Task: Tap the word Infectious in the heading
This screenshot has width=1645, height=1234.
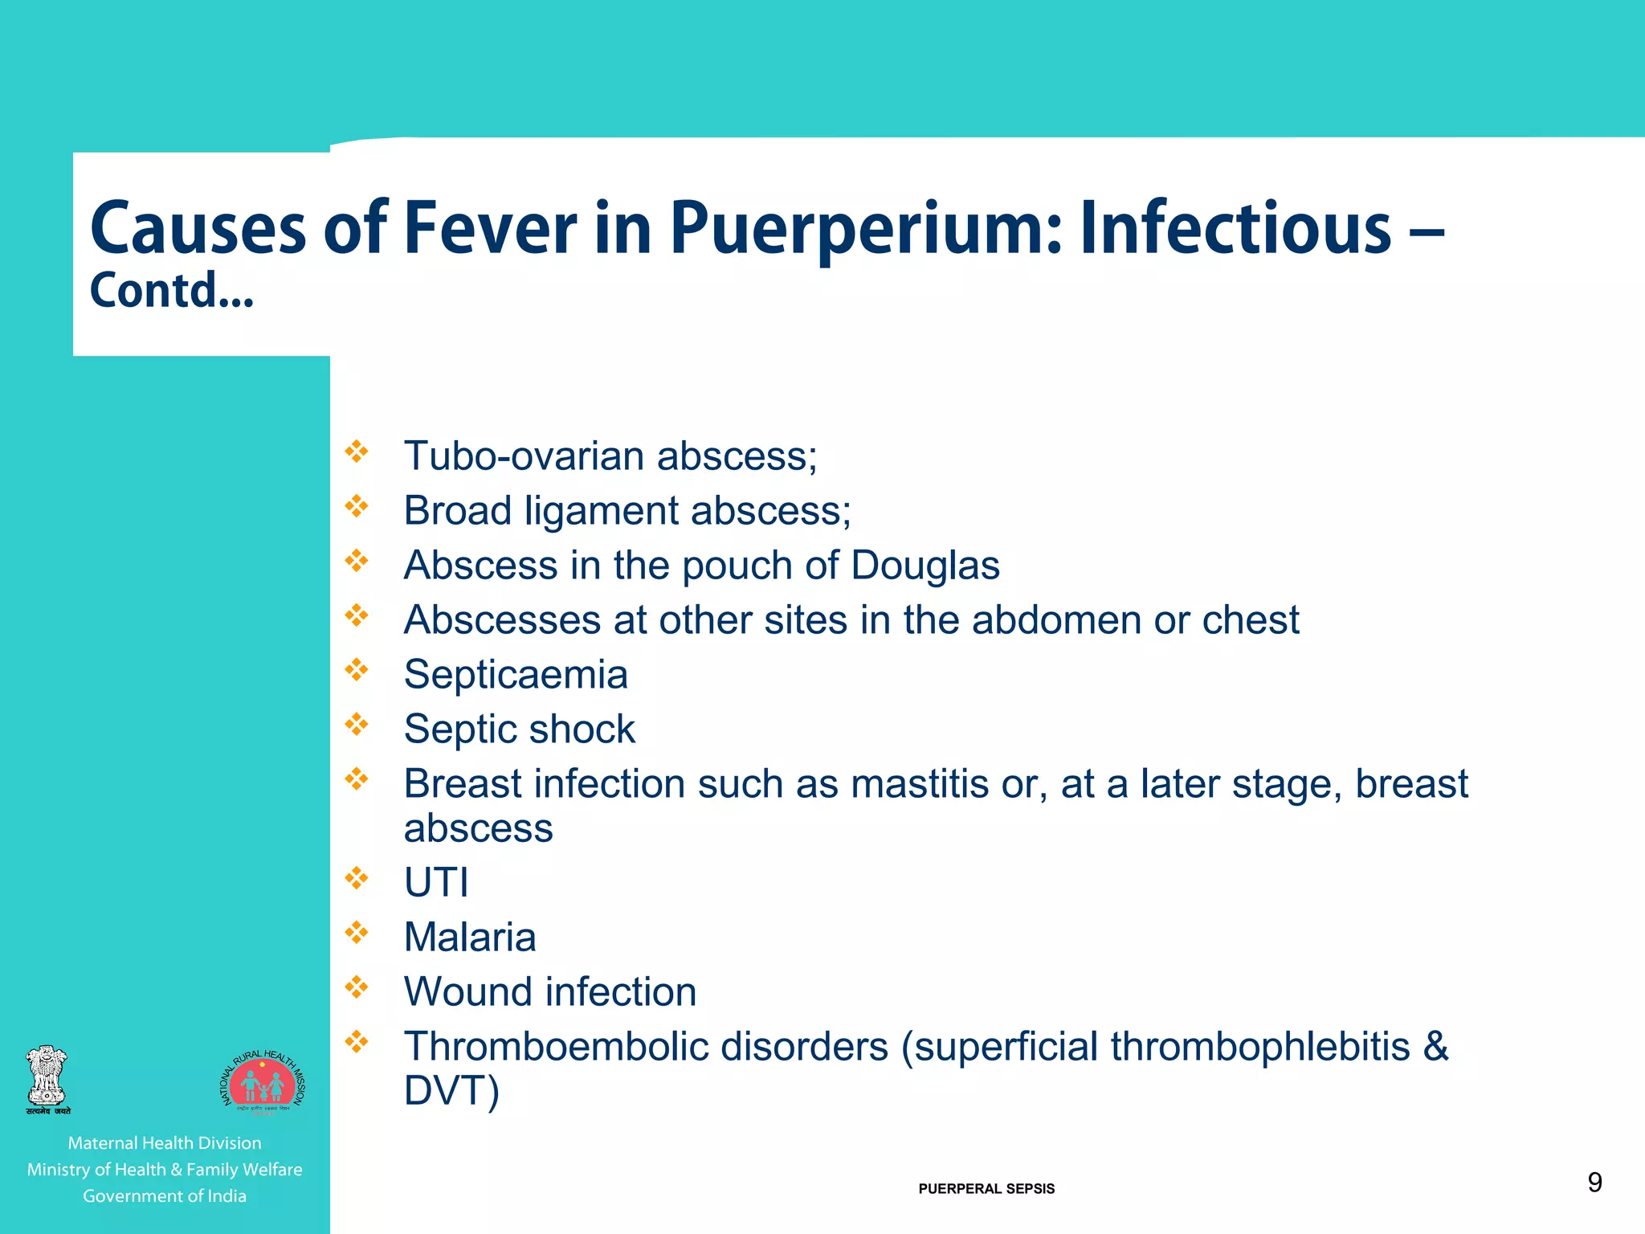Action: [x=1235, y=230]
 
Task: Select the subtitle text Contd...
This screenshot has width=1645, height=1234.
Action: [x=171, y=291]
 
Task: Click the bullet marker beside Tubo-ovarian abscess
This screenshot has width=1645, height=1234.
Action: [x=356, y=452]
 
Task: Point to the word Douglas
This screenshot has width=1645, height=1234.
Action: [x=925, y=565]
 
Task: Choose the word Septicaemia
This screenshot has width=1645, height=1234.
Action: [x=516, y=674]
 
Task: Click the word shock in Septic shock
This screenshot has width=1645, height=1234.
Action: [x=582, y=729]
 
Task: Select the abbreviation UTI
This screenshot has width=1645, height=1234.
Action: [x=436, y=882]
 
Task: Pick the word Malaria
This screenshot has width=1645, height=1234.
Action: [x=470, y=937]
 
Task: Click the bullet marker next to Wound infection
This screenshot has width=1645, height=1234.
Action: [x=356, y=987]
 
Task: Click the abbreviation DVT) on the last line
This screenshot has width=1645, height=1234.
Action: [x=451, y=1090]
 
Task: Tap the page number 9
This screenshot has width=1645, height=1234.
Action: [x=1594, y=1182]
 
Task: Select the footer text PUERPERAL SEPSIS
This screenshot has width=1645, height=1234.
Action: [x=986, y=1189]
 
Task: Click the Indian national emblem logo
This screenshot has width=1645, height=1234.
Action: [x=47, y=1079]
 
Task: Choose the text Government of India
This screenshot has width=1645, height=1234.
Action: [x=165, y=1196]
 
